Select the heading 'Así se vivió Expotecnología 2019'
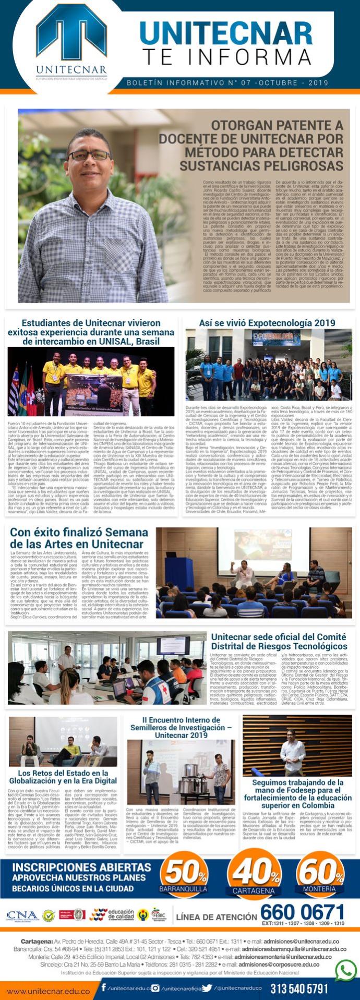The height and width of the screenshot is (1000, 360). [267, 323]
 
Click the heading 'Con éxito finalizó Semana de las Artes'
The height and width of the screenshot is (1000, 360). [79, 538]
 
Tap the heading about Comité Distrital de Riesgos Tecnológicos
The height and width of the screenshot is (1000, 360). [279, 641]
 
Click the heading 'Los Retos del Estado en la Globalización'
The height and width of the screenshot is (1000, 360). [63, 777]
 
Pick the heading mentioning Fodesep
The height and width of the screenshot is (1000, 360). [297, 793]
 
